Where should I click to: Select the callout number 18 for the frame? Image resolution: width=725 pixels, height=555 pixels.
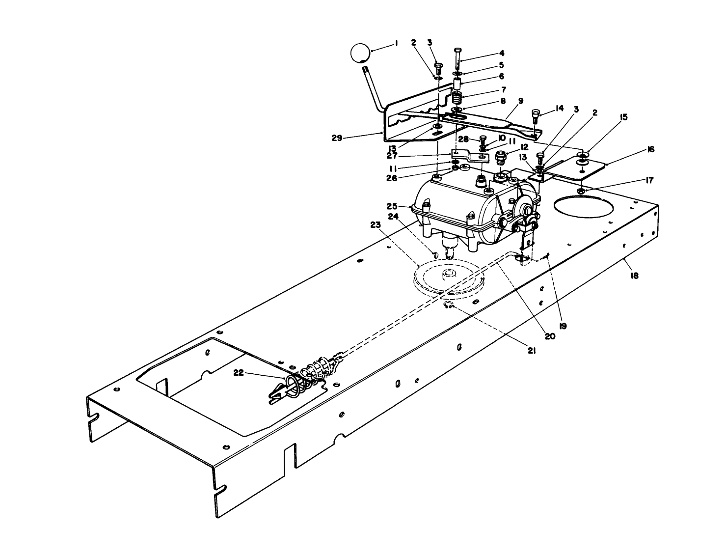click(x=634, y=276)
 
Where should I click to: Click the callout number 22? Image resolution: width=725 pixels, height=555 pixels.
click(x=239, y=373)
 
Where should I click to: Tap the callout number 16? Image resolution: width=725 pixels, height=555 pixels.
click(x=650, y=149)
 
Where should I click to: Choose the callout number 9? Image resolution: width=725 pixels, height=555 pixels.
click(x=521, y=100)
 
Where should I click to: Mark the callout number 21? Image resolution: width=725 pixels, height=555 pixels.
click(x=532, y=350)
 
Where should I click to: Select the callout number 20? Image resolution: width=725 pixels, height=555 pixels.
click(x=549, y=336)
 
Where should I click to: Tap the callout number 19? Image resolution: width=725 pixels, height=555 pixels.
click(x=563, y=326)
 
